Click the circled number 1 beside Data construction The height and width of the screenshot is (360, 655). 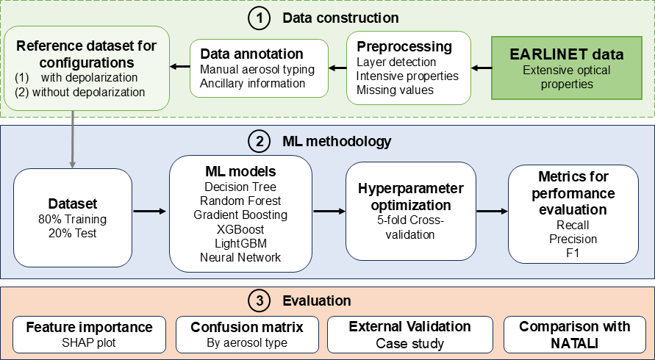coord(258,18)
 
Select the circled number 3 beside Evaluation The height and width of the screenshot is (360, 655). coord(259,301)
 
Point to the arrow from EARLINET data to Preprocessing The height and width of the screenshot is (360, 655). coord(482,68)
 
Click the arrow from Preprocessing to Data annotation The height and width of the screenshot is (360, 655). coord(337,69)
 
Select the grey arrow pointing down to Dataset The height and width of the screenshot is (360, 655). coord(72,140)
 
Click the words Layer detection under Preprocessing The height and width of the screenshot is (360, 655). coord(396,62)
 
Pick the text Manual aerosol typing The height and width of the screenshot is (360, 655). coord(257,69)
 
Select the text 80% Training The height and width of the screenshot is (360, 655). coord(71,218)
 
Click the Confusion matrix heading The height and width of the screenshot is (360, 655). coord(246,327)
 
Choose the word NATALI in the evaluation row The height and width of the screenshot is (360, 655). coord(575,342)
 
